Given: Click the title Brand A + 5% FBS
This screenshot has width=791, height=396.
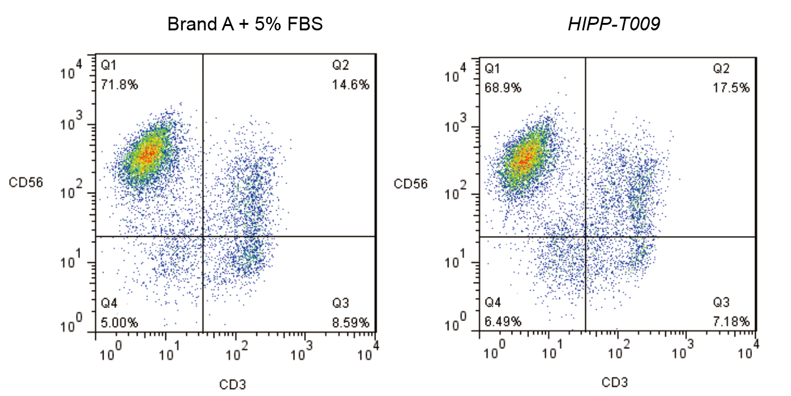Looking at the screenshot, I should (245, 25).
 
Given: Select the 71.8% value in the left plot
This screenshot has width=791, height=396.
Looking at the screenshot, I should (120, 84).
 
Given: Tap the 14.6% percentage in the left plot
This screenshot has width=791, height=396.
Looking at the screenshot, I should (351, 84).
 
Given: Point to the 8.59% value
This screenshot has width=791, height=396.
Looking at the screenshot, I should (351, 322).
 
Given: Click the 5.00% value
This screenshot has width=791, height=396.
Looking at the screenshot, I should (120, 322).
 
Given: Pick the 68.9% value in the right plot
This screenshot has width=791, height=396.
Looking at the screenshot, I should (502, 87).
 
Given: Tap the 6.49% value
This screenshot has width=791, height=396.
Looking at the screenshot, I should (502, 322).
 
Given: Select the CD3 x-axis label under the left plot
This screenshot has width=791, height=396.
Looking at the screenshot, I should (232, 384).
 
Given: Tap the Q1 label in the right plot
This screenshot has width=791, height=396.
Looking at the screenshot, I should (492, 68).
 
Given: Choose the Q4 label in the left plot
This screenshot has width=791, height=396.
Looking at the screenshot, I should (110, 304).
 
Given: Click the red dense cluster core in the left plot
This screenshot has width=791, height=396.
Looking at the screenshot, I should (147, 153).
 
